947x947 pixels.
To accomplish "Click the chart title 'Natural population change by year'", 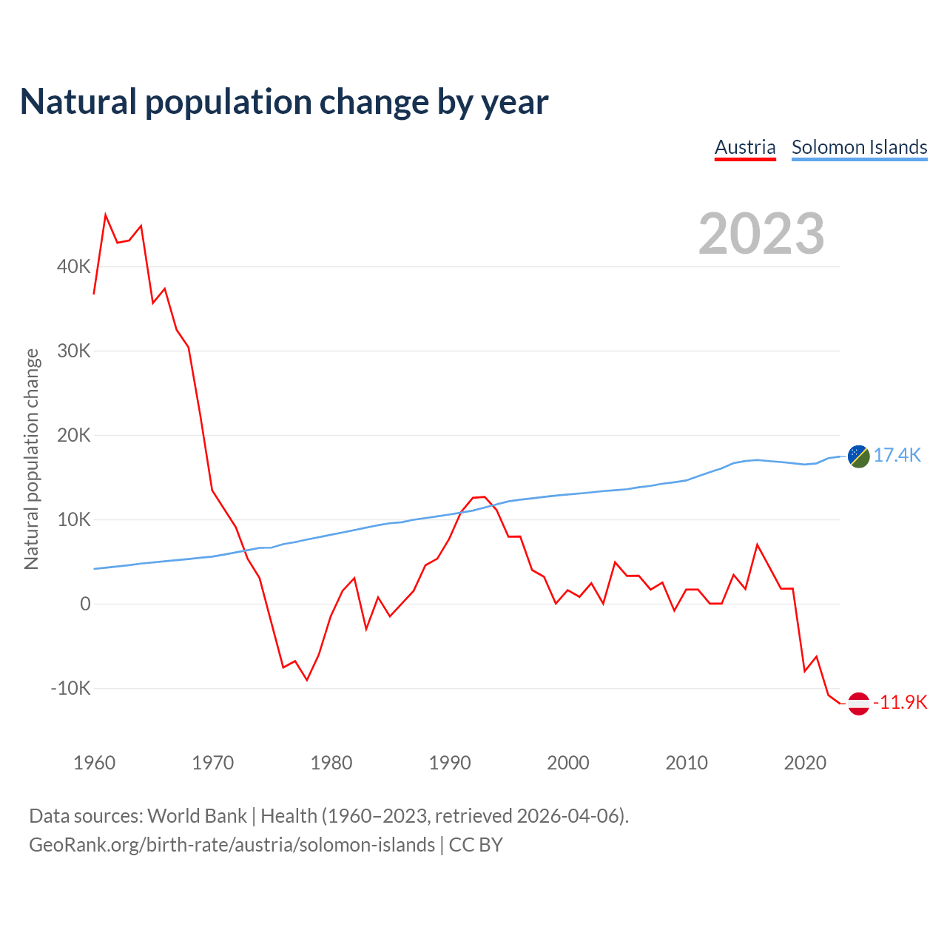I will (x=284, y=102).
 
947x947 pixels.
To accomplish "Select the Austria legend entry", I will (x=745, y=147).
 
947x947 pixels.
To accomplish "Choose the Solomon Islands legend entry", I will (x=859, y=147).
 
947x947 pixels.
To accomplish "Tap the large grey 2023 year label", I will (x=761, y=234).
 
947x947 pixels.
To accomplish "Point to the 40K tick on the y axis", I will (x=74, y=266).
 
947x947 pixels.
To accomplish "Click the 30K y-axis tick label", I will (x=74, y=351).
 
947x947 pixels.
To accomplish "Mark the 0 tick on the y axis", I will (x=85, y=604).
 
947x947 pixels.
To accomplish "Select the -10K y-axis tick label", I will (x=71, y=688).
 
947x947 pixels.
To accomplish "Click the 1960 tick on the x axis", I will (x=95, y=763).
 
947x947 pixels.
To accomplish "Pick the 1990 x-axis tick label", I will (x=450, y=763).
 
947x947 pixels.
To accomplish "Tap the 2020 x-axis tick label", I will (x=805, y=763).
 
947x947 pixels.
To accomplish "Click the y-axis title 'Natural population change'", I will (x=32, y=459).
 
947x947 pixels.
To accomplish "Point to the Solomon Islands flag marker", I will (x=858, y=456).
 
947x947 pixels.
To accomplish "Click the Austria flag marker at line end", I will (x=858, y=704).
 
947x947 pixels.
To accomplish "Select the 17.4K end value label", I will (x=897, y=455).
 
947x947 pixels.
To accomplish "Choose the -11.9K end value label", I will (x=900, y=702).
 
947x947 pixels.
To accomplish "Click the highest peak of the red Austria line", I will (x=106, y=215).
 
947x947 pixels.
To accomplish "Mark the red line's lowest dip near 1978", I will (x=307, y=680).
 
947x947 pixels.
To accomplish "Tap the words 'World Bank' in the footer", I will (x=197, y=816).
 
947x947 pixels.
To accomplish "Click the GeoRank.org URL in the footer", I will (x=232, y=845).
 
